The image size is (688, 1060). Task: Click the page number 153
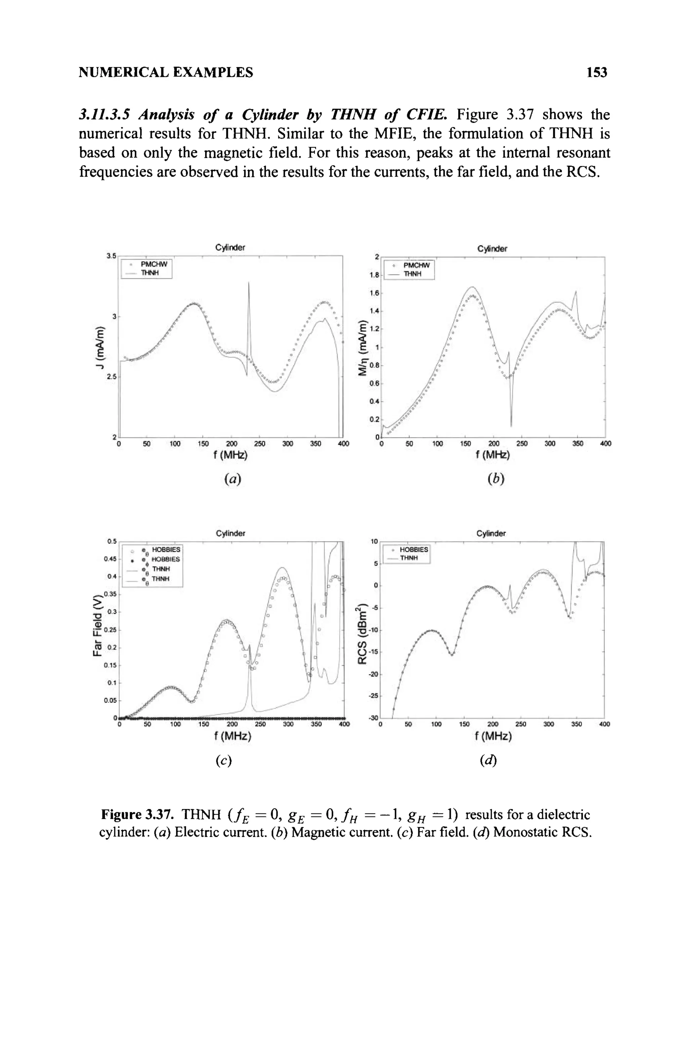point(597,72)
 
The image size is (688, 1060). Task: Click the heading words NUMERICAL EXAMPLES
point(166,72)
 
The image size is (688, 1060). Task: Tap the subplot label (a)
point(232,479)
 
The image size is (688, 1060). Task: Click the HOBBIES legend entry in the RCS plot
point(414,550)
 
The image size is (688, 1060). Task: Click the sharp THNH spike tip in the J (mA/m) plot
point(249,282)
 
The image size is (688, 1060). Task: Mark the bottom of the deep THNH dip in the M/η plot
point(511,426)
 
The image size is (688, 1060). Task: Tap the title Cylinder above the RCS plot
point(490,533)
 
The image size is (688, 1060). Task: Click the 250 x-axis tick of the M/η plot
point(521,444)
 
